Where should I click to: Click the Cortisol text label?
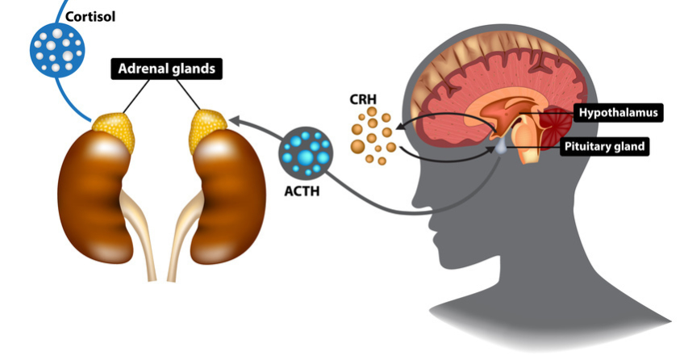click(90, 15)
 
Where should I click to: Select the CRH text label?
click(364, 102)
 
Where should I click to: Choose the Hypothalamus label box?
click(618, 112)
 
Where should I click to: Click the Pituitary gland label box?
click(604, 146)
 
